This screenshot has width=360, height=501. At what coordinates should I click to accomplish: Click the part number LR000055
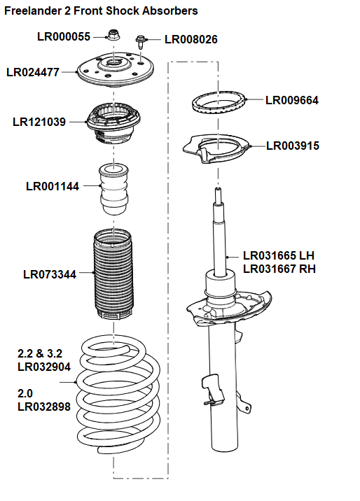point(64,36)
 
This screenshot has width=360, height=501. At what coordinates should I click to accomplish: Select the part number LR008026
point(191,40)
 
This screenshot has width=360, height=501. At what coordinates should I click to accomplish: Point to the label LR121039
point(39,122)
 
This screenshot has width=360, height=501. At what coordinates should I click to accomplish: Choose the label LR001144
point(53,186)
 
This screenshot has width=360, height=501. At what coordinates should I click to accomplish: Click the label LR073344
point(50,274)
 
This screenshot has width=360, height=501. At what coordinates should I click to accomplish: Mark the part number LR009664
point(292,100)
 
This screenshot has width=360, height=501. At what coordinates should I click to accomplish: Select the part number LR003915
point(293,146)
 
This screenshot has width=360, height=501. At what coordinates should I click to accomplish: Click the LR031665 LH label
point(279,256)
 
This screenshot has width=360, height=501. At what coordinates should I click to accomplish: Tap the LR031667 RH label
point(279,269)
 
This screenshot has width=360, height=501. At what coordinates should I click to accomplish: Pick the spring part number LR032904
point(43,366)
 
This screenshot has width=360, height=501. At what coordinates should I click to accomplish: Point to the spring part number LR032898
point(43,406)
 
